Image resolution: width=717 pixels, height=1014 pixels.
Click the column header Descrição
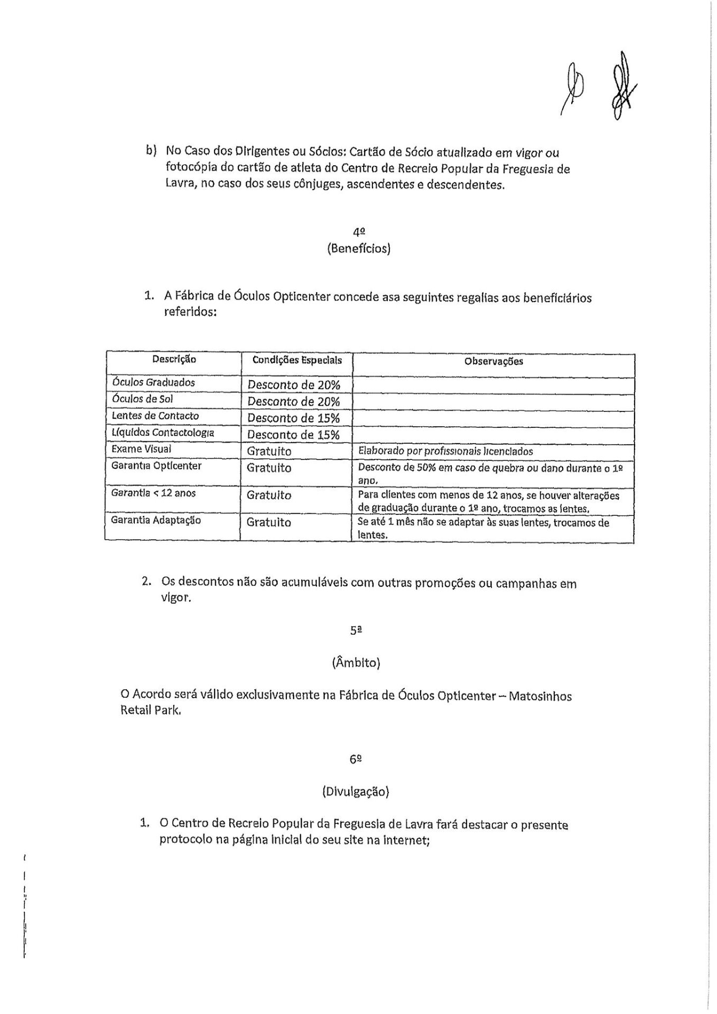point(174,360)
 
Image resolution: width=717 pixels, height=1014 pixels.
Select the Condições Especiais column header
point(297,360)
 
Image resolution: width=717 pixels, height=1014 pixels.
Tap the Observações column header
point(493,362)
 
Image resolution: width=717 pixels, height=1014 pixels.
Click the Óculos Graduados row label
point(153,382)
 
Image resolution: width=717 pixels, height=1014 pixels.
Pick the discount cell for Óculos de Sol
point(293,401)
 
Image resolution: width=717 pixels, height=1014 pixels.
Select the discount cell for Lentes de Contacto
point(293,418)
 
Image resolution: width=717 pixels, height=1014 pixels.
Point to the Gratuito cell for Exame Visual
point(269,452)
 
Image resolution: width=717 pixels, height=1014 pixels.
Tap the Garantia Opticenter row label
point(156,466)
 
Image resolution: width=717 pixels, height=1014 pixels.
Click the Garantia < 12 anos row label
point(153,493)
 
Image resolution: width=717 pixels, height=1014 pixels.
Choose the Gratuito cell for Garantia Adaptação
point(269,522)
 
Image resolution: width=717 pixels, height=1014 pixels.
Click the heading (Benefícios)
point(359,248)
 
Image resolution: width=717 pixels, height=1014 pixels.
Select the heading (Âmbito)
point(356,663)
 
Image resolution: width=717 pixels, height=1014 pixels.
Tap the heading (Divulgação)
point(355,792)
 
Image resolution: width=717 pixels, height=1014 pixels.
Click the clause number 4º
point(359,231)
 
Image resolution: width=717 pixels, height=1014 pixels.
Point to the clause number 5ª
point(355,631)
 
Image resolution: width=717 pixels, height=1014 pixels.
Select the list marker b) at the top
point(152,151)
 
